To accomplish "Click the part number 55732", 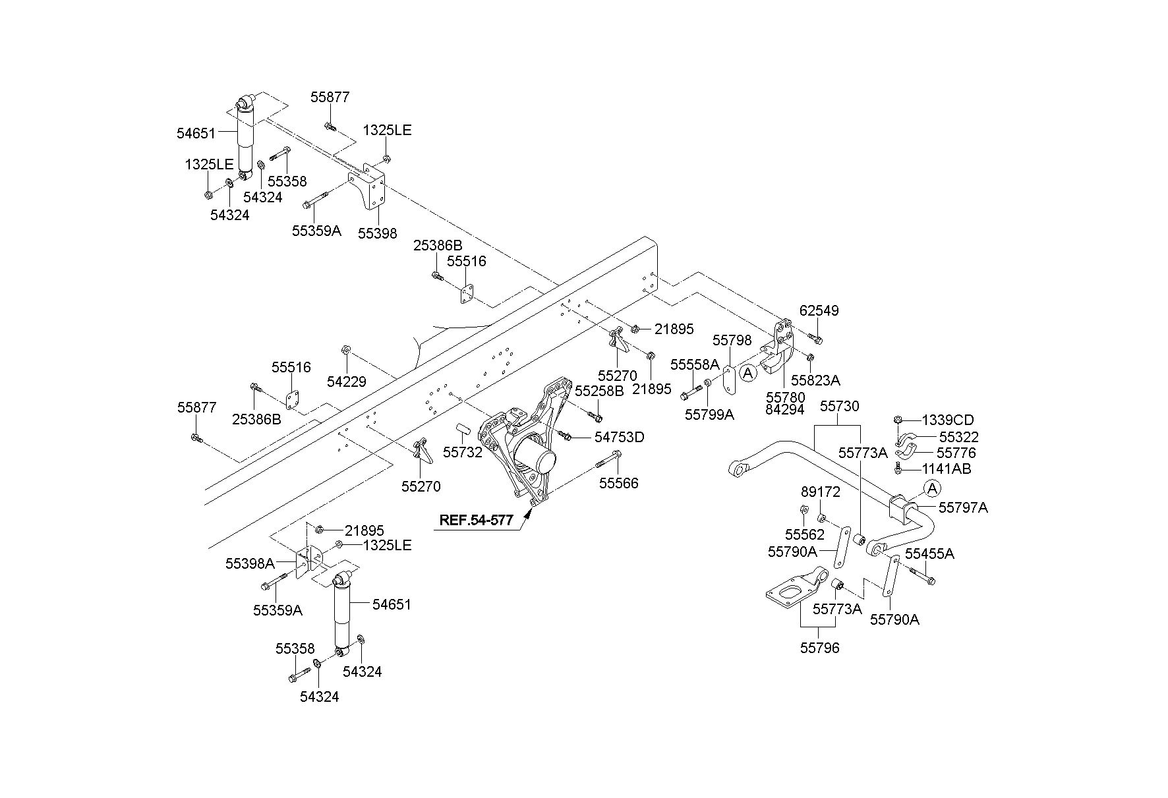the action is (463, 453).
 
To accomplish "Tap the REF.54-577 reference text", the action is (476, 520).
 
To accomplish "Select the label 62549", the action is (819, 310).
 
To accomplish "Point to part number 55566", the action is (619, 483).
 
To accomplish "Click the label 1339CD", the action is (948, 420).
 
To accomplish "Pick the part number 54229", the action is (347, 382).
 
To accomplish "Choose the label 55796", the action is (820, 648).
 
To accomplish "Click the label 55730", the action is (840, 406).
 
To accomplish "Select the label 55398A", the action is (250, 563).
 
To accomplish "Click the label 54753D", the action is (620, 437).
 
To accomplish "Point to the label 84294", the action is (785, 409).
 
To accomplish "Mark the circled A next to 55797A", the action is (932, 488).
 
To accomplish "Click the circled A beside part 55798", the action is (747, 374).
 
